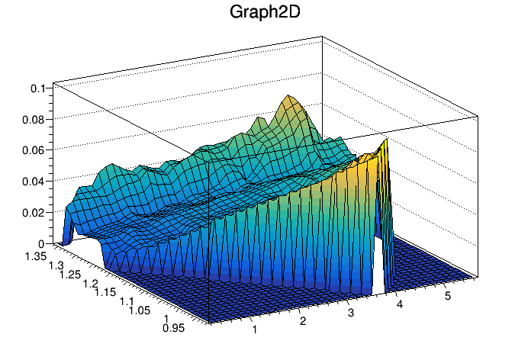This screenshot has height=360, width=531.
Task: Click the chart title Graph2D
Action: (265, 13)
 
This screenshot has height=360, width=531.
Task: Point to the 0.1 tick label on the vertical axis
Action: (38, 88)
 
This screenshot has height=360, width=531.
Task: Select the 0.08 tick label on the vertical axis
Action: (33, 119)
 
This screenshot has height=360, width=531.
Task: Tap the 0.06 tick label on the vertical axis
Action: (33, 150)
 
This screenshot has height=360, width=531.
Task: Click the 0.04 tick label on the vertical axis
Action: (33, 182)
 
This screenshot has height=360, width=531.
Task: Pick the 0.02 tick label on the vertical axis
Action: (33, 213)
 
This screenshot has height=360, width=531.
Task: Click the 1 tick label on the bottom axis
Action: (253, 329)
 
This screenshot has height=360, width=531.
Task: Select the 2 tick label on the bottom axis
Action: (303, 321)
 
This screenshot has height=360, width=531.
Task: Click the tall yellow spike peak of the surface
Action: (385, 140)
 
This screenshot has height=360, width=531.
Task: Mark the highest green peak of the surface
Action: (288, 97)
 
